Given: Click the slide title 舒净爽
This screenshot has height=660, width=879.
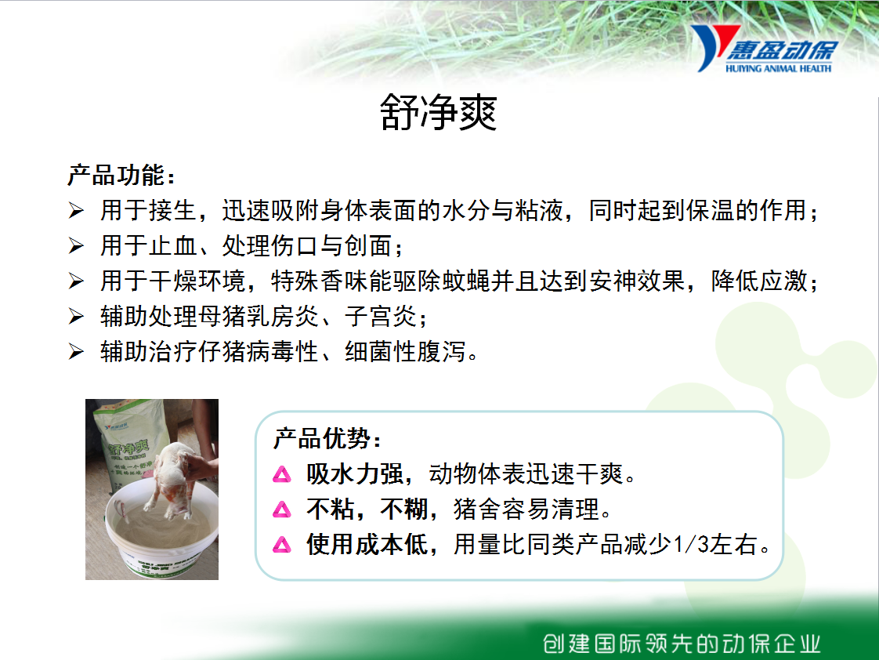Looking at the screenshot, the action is click(439, 112).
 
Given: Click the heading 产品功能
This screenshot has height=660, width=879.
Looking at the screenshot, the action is click(121, 175).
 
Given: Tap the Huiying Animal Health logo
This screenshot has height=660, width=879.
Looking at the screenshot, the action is click(765, 49).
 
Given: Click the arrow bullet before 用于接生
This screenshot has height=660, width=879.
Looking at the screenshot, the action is click(76, 211).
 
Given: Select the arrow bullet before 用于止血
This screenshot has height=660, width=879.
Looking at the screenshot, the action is click(76, 245).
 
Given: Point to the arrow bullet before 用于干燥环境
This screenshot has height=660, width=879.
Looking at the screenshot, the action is click(76, 281).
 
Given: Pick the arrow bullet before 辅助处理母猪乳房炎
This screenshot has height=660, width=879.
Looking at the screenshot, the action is click(76, 316).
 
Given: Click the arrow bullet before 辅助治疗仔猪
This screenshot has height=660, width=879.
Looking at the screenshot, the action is click(76, 352).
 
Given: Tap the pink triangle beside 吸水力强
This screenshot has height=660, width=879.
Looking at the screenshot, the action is click(282, 475).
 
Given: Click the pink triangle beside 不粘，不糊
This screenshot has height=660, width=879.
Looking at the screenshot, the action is click(282, 510).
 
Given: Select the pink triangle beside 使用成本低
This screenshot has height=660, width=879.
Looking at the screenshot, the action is click(282, 545).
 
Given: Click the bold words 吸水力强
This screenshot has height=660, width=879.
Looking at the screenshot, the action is click(355, 473).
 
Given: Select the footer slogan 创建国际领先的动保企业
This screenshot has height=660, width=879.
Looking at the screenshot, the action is click(682, 644).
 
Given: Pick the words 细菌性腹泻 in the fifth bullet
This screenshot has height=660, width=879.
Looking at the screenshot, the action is click(405, 352).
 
